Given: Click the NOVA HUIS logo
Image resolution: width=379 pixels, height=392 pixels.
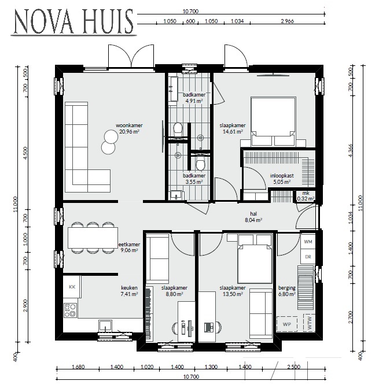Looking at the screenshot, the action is click(73, 22).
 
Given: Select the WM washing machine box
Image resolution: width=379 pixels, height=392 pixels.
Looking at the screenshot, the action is click(308, 242).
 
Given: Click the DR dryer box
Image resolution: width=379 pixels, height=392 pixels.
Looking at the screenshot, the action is click(308, 257).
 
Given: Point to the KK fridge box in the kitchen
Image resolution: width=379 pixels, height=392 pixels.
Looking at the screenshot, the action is click(72, 287).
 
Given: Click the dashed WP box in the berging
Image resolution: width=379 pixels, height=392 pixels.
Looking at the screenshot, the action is click(286, 324).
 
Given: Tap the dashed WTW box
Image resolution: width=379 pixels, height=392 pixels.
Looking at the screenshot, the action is click(309, 323).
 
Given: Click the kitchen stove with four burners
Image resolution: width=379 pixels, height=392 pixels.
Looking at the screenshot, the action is click(71, 310).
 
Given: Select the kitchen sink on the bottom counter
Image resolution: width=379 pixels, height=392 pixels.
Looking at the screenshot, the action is click(105, 326).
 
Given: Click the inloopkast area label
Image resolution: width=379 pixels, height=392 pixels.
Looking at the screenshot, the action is click(282, 179).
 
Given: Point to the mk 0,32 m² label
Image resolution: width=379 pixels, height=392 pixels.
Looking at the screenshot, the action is click(306, 196).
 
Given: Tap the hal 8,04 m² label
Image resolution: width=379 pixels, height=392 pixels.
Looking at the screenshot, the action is click(253, 217).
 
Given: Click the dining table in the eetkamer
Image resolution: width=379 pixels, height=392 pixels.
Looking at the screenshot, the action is click(93, 238).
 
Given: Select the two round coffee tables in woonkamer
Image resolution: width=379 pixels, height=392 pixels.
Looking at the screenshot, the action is click(109, 142).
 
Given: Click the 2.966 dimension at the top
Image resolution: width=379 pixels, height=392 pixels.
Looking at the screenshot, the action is click(287, 21).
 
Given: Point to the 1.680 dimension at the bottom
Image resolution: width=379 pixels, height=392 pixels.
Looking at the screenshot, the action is click(78, 367).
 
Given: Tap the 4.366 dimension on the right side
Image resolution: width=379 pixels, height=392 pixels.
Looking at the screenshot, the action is click(350, 150).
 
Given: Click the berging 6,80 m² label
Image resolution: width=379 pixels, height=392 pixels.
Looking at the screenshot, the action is click(286, 291).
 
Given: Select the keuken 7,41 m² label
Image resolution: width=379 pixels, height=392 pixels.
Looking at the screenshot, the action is click(129, 291).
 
